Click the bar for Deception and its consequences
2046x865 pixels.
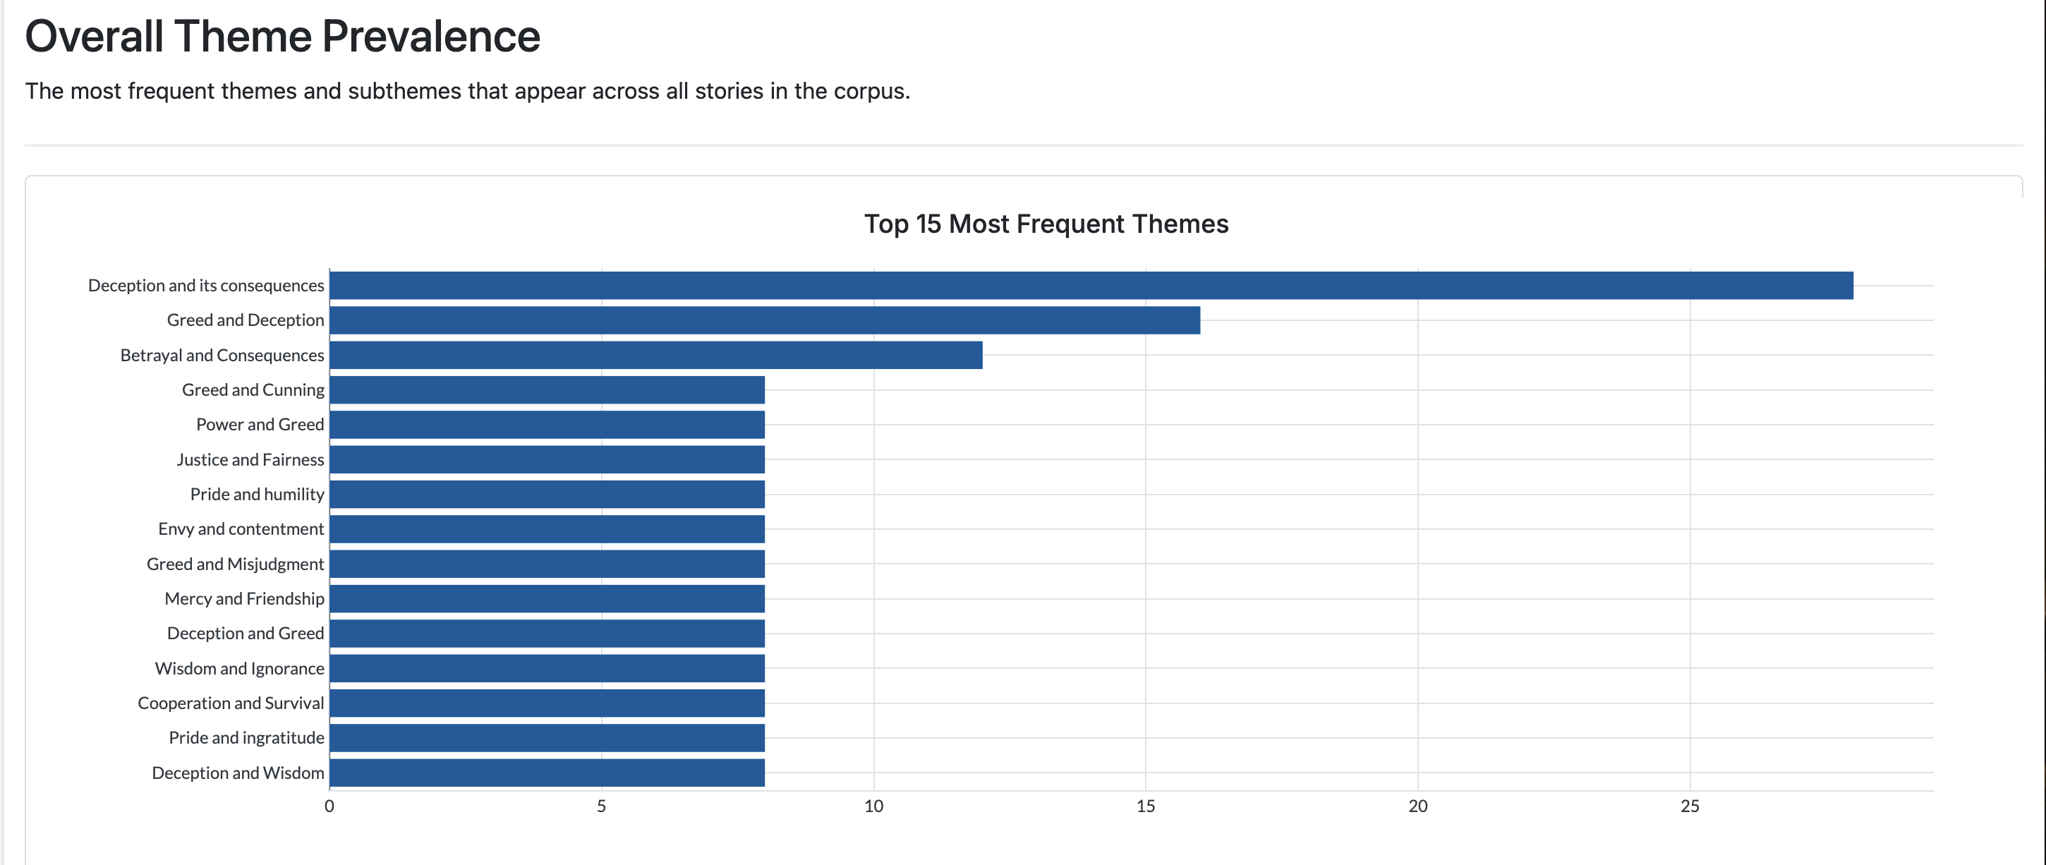(x=1091, y=285)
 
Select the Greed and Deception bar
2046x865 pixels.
(x=764, y=320)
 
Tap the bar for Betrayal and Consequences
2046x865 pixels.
(x=655, y=355)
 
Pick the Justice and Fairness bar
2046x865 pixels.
(x=547, y=459)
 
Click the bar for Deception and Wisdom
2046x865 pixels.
(x=547, y=772)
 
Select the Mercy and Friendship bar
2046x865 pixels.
(x=547, y=598)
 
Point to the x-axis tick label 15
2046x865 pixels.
(x=1145, y=806)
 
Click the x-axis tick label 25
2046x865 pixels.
(x=1690, y=806)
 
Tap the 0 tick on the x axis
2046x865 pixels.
(x=329, y=806)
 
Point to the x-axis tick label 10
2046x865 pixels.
(x=873, y=806)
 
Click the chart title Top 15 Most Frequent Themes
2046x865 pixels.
(x=1046, y=224)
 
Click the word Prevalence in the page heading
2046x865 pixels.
(x=430, y=37)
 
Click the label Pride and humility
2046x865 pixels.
(x=257, y=494)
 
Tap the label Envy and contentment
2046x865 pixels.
(x=241, y=529)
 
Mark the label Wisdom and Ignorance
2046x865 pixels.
(x=239, y=668)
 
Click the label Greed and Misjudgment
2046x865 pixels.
(x=235, y=564)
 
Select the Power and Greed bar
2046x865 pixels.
(x=547, y=424)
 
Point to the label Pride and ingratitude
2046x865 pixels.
(x=246, y=738)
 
